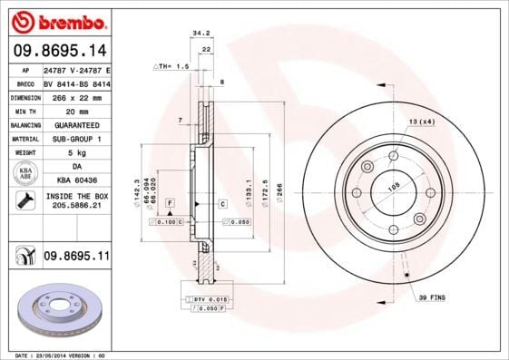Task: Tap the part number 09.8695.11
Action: click(x=76, y=257)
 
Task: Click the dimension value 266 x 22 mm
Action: click(x=77, y=97)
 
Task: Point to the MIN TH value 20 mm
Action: click(x=76, y=111)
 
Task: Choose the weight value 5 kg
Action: click(x=76, y=152)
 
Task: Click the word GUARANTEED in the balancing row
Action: click(x=76, y=124)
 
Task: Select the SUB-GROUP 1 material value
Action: click(x=76, y=139)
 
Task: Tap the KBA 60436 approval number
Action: click(x=76, y=180)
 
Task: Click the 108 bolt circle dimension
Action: click(x=394, y=188)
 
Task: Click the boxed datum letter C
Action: click(x=222, y=204)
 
